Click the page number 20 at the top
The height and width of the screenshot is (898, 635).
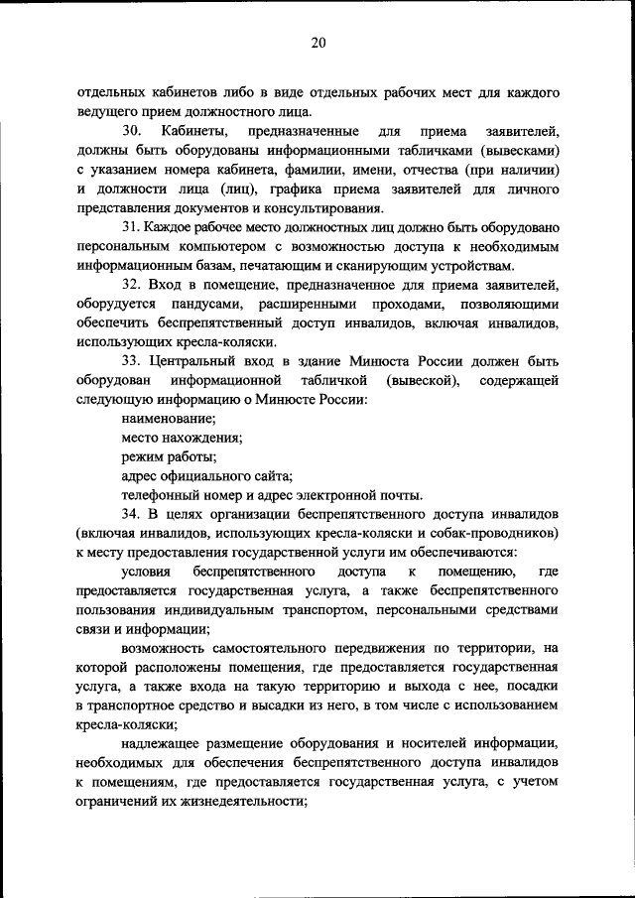pyautogui.click(x=317, y=43)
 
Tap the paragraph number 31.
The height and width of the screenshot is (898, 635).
pyautogui.click(x=132, y=227)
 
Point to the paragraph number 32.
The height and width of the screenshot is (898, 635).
pyautogui.click(x=132, y=285)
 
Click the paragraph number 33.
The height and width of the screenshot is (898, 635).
pyautogui.click(x=132, y=361)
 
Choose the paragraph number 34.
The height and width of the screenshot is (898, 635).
pyautogui.click(x=132, y=514)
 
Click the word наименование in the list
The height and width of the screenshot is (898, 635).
pyautogui.click(x=162, y=419)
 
